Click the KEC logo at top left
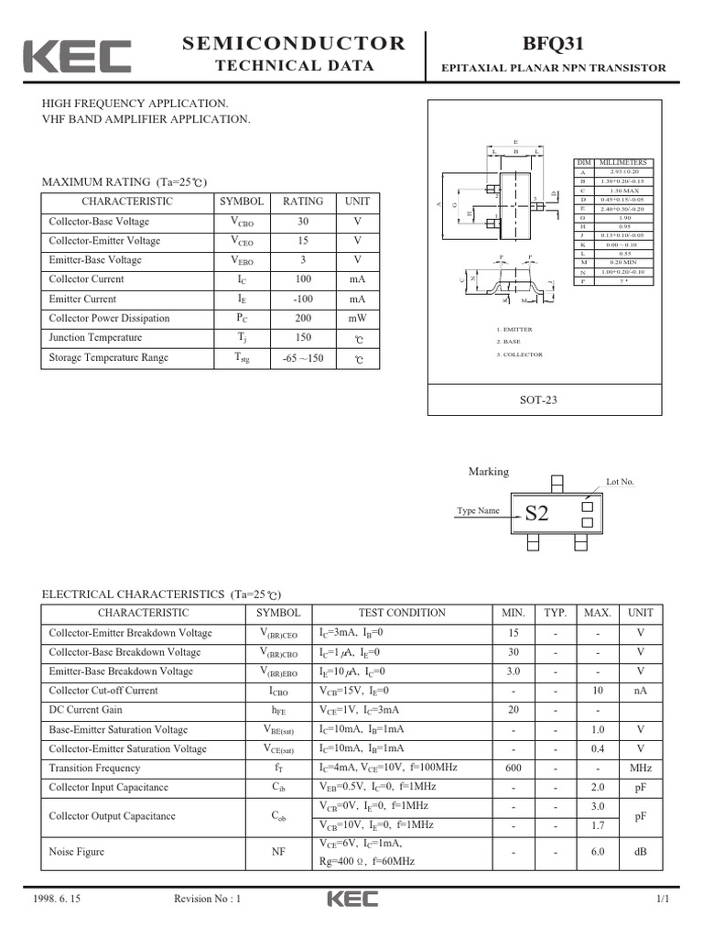tap(77, 56)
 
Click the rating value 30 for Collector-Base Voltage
tap(303, 222)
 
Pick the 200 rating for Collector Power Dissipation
tap(303, 319)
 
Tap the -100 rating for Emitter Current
tap(303, 300)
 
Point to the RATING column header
tap(303, 202)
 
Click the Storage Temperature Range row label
tap(109, 358)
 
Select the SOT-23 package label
tap(538, 399)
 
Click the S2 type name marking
tap(536, 514)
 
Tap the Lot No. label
tap(620, 482)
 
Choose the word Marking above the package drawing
tap(488, 472)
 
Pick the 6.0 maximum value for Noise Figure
tap(598, 852)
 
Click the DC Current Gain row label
tap(86, 711)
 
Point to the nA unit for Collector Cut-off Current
tap(640, 692)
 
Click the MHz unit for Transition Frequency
tap(640, 769)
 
